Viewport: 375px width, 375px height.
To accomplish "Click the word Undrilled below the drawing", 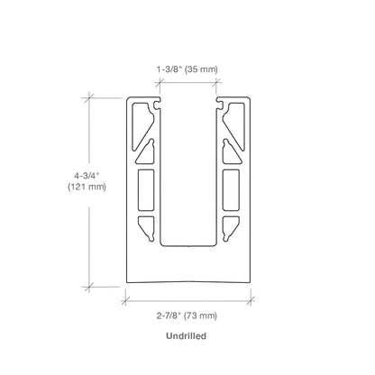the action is (x=186, y=335).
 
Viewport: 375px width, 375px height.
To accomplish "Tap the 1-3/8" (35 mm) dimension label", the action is (x=187, y=69).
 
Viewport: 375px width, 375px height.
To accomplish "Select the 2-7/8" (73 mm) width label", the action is (x=187, y=316).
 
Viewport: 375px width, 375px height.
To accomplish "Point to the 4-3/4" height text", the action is (x=87, y=175).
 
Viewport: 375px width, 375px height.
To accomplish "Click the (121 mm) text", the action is (x=87, y=187).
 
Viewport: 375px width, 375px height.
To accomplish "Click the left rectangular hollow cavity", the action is (x=146, y=190).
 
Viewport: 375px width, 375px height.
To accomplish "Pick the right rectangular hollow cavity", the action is (x=231, y=190).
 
